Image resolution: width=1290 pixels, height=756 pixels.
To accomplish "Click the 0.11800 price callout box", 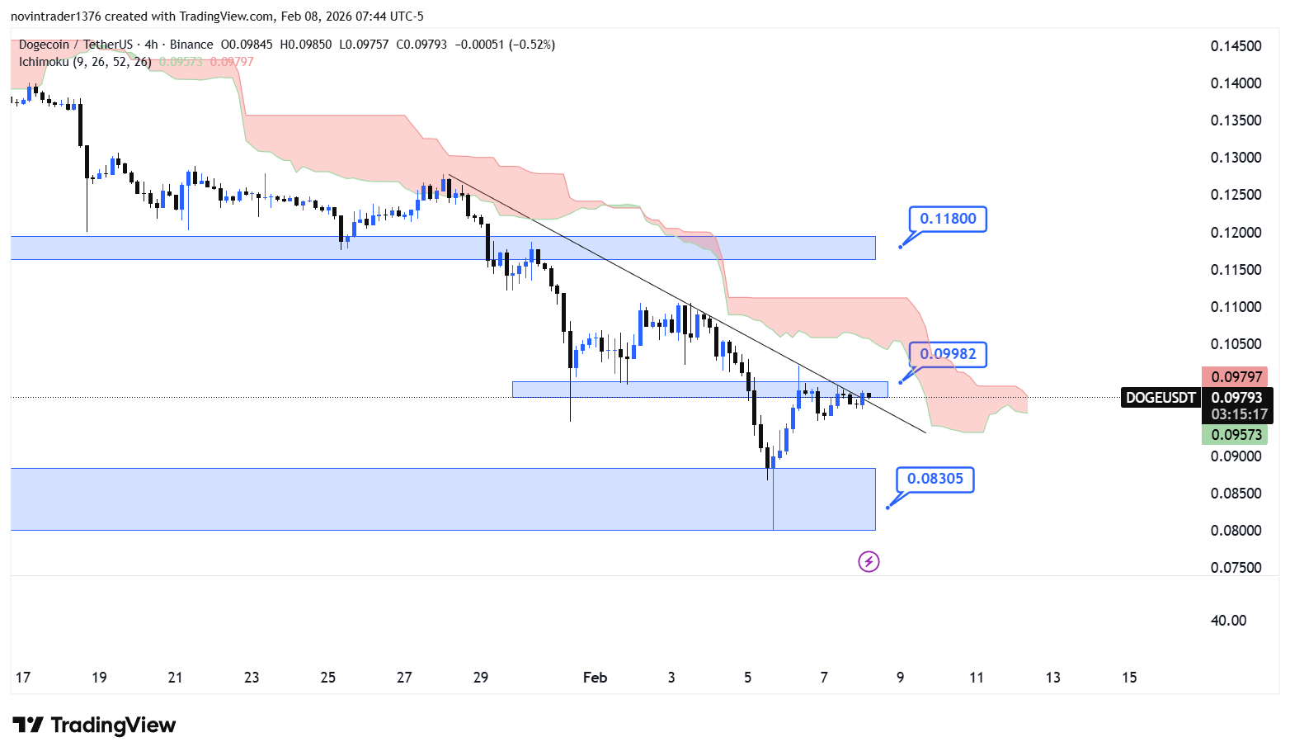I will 948,219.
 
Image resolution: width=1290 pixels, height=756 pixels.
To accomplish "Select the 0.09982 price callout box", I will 948,354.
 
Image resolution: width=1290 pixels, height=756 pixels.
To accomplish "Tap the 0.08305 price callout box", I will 935,479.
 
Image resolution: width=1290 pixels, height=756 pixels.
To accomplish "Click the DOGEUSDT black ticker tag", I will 1161,398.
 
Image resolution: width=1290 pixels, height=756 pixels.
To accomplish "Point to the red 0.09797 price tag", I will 1236,377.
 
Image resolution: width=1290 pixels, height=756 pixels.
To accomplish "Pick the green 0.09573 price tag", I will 1236,435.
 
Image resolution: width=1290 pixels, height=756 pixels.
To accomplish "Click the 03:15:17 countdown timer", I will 1239,414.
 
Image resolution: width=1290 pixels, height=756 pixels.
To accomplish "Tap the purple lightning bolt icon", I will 869,562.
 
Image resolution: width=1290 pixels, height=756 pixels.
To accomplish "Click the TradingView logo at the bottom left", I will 94,725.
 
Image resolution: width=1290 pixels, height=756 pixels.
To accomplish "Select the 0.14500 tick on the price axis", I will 1236,46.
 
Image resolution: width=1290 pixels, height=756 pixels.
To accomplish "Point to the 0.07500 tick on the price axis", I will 1236,568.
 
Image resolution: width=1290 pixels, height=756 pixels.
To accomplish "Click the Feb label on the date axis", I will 595,678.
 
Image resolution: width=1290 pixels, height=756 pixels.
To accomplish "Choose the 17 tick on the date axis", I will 23,678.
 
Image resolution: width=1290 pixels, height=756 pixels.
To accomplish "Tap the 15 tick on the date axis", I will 1129,678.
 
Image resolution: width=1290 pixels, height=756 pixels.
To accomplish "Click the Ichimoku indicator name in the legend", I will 44,62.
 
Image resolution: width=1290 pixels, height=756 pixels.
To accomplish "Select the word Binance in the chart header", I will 191,45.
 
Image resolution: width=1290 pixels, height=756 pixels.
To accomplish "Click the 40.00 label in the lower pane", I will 1228,621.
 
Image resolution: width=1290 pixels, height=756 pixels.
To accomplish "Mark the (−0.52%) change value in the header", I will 532,45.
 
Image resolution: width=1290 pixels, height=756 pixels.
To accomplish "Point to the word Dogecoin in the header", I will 44,45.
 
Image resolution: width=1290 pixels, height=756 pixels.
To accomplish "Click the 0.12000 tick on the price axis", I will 1236,233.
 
